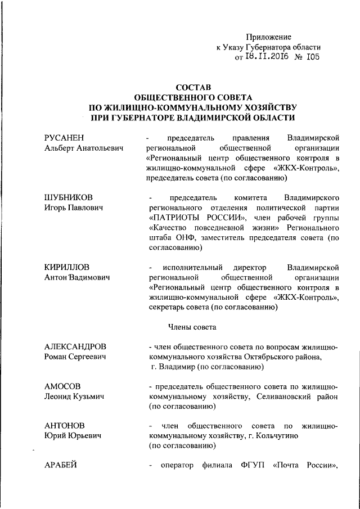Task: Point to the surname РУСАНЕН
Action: click(x=66, y=138)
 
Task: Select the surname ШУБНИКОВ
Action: click(x=68, y=198)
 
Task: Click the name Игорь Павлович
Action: click(x=74, y=208)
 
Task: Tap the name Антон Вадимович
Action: click(x=76, y=277)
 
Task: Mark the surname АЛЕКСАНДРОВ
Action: click(x=75, y=346)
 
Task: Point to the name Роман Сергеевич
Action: click(x=73, y=357)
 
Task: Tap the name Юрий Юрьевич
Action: click(x=69, y=436)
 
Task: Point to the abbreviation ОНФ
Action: click(x=186, y=238)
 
